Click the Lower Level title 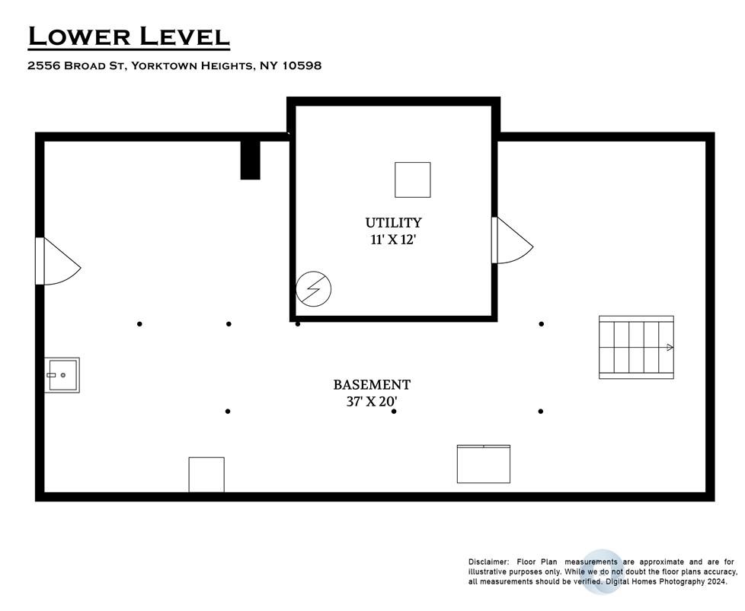coord(129,37)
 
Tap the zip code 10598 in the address coord(302,65)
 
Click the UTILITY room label coord(393,223)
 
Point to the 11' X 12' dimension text coord(393,240)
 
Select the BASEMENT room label coord(372,384)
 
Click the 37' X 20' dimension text coord(372,402)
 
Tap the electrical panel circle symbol coord(314,288)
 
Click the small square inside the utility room coord(413,180)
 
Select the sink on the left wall coord(62,375)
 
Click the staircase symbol coord(636,347)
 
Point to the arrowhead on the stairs coord(670,348)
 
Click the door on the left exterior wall coord(58,261)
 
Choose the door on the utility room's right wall coord(512,240)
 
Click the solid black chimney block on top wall coord(251,160)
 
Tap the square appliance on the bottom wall coord(206,475)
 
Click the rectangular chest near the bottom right coord(484,464)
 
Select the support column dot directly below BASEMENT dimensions coord(394,411)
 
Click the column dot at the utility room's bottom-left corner coord(298,324)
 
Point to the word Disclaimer coord(488,562)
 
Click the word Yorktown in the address coord(163,65)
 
